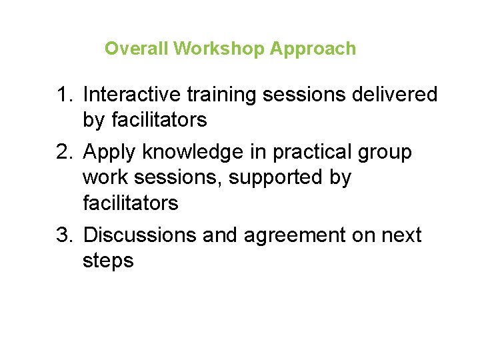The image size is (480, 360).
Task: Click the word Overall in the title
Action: point(137,49)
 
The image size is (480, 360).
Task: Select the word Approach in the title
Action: point(313,49)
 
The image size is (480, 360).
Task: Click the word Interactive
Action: point(133,95)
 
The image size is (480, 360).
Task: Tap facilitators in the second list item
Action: point(131,203)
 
